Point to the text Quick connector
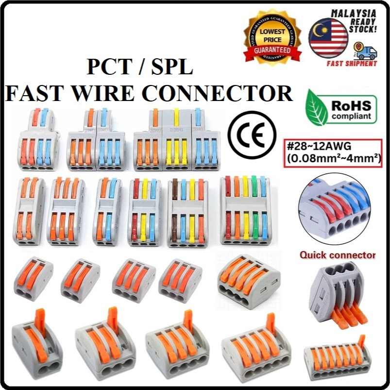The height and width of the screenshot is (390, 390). click(x=338, y=254)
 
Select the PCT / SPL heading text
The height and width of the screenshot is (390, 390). click(x=140, y=68)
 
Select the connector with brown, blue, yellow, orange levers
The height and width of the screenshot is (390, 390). click(x=188, y=213)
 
